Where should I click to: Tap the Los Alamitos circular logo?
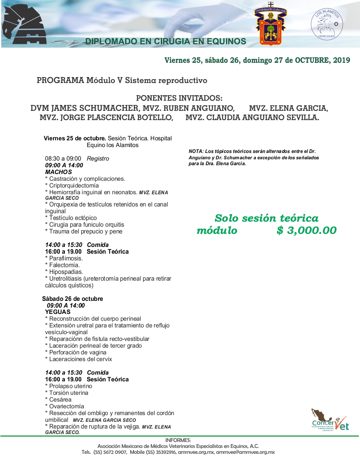click(326, 24)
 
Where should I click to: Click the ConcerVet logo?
click(330, 420)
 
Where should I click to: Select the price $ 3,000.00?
click(307, 230)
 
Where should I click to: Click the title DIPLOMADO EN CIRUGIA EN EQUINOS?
click(165, 41)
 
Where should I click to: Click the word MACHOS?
click(59, 172)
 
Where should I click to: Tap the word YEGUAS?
click(58, 312)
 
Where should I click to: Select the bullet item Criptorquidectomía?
click(72, 185)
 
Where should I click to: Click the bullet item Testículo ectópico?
click(71, 218)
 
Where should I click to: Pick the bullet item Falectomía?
click(64, 265)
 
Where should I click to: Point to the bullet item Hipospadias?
click(64, 272)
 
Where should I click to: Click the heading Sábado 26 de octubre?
click(72, 299)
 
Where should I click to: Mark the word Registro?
click(98, 158)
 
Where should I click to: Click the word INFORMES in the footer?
click(178, 440)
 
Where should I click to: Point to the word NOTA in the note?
click(196, 151)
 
